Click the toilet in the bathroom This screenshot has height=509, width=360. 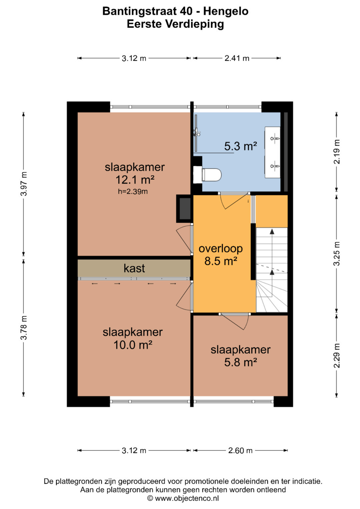pyautogui.click(x=211, y=175)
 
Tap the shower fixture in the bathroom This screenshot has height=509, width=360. pyautogui.click(x=196, y=132)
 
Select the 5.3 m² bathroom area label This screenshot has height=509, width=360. pyautogui.click(x=240, y=146)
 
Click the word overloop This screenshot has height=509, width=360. pyautogui.click(x=221, y=248)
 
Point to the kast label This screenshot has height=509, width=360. pyautogui.click(x=134, y=268)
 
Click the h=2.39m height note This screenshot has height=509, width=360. pyautogui.click(x=133, y=192)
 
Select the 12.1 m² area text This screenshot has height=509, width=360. pyautogui.click(x=135, y=180)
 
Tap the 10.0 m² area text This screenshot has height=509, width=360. pyautogui.click(x=133, y=345)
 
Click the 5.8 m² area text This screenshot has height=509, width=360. pyautogui.click(x=240, y=362)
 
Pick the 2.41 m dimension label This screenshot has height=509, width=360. pyautogui.click(x=237, y=58)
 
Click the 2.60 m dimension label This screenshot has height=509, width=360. pyautogui.click(x=240, y=450)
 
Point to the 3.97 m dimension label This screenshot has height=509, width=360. pyautogui.click(x=24, y=184)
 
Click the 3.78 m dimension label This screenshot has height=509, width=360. pyautogui.click(x=24, y=328)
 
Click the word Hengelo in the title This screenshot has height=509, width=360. pyautogui.click(x=226, y=11)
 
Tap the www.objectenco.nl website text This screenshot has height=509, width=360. pyautogui.click(x=187, y=498)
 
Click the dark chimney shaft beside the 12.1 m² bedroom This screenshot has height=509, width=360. pyautogui.click(x=185, y=209)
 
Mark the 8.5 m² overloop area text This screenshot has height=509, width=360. pyautogui.click(x=221, y=261)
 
